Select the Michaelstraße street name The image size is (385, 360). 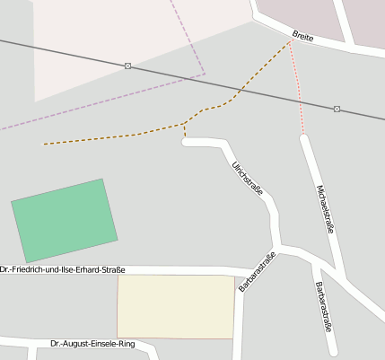click(326, 210)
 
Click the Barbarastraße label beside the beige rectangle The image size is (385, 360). click(257, 272)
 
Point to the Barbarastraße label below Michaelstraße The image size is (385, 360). click(323, 307)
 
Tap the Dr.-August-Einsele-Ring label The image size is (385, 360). click(92, 344)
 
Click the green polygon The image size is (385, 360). click(65, 220)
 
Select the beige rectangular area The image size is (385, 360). click(176, 306)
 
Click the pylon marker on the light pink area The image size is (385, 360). click(128, 66)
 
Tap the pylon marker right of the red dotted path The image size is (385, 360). click(337, 109)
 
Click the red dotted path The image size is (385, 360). click(298, 90)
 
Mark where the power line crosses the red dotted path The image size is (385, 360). click(298, 101)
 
